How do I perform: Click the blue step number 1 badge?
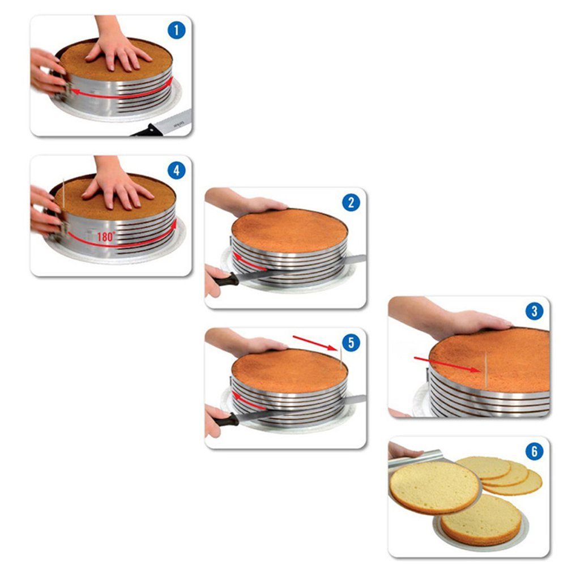click(176, 31)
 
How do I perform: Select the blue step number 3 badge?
click(533, 311)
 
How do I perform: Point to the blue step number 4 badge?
click(176, 170)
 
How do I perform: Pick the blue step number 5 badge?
click(351, 343)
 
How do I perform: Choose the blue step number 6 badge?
click(533, 451)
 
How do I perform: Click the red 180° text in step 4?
click(105, 237)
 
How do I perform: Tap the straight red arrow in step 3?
click(448, 365)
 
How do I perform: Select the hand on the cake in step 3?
click(464, 322)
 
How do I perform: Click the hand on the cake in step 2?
click(255, 204)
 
